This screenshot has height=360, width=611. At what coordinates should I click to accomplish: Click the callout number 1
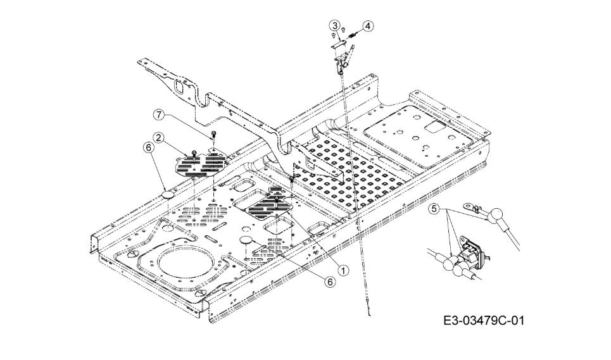pos(343,270)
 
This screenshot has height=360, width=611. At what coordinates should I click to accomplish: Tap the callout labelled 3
pos(334,25)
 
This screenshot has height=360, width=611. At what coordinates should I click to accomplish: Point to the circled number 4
pos(368,26)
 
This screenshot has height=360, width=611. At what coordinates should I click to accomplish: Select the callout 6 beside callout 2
pos(148,147)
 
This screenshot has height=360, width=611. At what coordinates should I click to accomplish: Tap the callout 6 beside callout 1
pos(330,282)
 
